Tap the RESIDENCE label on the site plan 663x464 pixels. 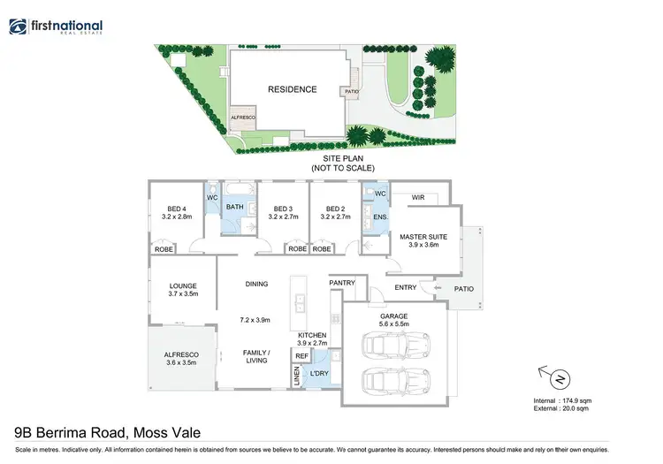point(292,89)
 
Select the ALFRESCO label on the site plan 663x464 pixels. point(242,117)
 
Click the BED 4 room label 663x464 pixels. point(177,209)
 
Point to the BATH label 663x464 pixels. point(234,208)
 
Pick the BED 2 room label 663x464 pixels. point(332,209)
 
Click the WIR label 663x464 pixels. point(418,198)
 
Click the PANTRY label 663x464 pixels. point(342,283)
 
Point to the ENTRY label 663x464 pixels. point(405,287)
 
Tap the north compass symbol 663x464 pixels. point(559,380)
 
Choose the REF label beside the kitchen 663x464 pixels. point(301,355)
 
